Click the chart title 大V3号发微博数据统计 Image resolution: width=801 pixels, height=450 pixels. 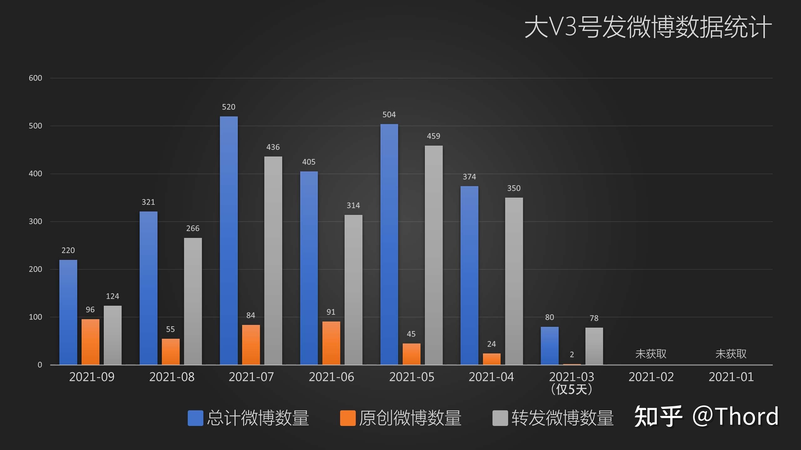[x=648, y=27]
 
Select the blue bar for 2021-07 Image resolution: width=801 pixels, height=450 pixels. [x=229, y=241]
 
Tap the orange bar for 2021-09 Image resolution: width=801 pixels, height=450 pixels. [x=90, y=342]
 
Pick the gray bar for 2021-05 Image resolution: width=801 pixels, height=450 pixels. [x=434, y=255]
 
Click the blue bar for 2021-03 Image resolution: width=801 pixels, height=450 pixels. [x=550, y=346]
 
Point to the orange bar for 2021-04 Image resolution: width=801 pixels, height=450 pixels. [x=492, y=359]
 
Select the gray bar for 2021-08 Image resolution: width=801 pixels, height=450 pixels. [x=193, y=301]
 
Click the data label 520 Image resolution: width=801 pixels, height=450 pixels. [x=229, y=107]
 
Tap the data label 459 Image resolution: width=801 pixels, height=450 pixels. [x=434, y=136]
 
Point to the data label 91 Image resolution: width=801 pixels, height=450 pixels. [x=331, y=312]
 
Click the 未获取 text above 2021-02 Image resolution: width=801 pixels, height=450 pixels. [x=651, y=354]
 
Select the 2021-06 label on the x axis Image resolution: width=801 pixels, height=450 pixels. [x=331, y=377]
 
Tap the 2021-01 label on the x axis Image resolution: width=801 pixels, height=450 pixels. [x=731, y=377]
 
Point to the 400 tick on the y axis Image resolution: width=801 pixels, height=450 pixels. [x=35, y=174]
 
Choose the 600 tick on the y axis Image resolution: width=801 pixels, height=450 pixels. [x=35, y=78]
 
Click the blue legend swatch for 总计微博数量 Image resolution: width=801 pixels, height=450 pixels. [x=195, y=418]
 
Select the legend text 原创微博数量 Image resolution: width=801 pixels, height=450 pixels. [x=410, y=418]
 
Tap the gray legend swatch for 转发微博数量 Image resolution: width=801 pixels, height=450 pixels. [x=500, y=418]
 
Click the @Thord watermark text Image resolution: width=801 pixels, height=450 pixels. [x=735, y=417]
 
